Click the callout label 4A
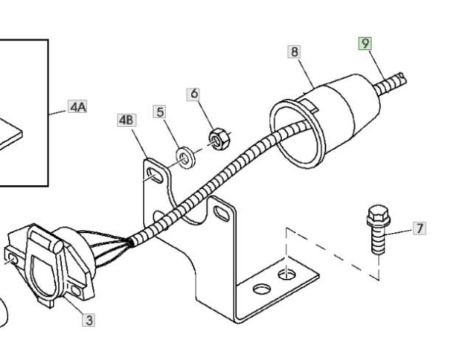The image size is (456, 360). pos(77,107)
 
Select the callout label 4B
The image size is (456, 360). pos(126,120)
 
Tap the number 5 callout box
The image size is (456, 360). pos(160,111)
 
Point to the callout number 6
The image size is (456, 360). pos(194,94)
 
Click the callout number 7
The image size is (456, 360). pos(419,228)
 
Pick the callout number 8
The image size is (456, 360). pos(295,52)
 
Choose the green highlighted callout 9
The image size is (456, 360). pos(365,44)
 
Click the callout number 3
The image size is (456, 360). pos(89,319)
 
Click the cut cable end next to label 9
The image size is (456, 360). pos(401,76)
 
